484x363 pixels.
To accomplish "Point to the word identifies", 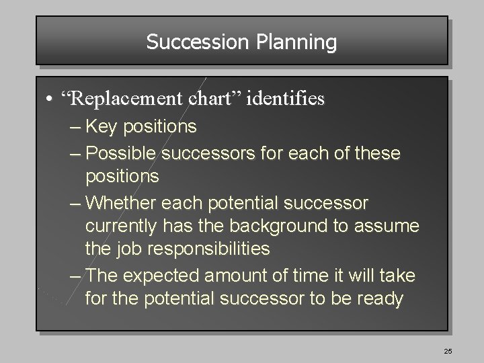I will (286, 99).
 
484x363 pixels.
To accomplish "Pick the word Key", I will (104, 126).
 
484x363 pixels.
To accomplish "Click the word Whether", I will (120, 202).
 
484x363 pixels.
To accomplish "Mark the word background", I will (280, 226).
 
